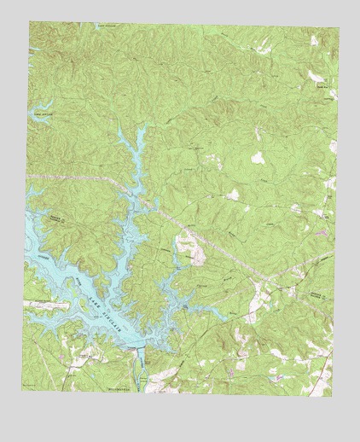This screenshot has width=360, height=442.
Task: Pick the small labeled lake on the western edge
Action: pyautogui.click(x=41, y=111)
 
